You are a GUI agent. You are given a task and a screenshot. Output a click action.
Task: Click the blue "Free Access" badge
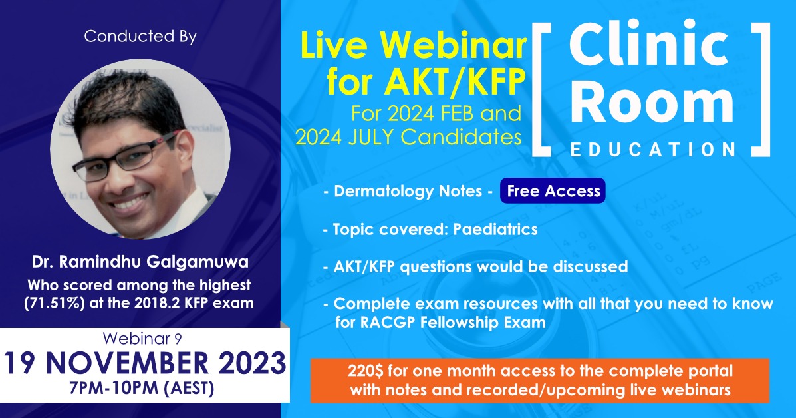coord(553,192)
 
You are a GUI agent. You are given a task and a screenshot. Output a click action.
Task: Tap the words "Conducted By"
coord(140,37)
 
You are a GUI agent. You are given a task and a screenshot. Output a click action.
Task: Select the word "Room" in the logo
coord(650,103)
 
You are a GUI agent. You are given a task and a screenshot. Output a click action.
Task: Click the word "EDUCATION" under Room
coord(652,149)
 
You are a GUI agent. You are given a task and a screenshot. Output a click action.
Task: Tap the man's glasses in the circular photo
coord(126,155)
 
